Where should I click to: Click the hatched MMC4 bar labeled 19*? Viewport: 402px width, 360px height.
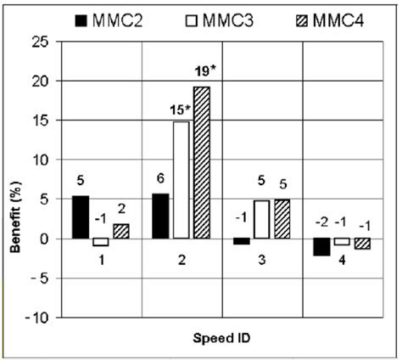201,162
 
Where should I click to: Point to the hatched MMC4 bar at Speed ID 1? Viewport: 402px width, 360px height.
120,231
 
